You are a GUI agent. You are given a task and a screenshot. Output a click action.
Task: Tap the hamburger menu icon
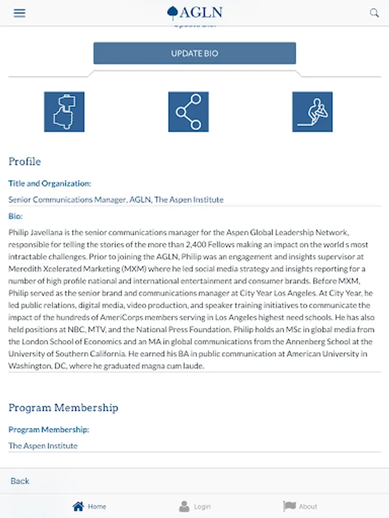pyautogui.click(x=20, y=13)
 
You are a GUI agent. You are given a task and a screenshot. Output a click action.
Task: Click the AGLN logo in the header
pyautogui.click(x=194, y=13)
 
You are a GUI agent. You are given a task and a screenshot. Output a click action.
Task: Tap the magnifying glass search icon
pyautogui.click(x=375, y=13)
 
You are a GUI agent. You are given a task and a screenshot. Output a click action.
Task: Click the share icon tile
pyautogui.click(x=188, y=112)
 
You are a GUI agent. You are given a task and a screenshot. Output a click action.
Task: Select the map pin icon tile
pyautogui.click(x=64, y=112)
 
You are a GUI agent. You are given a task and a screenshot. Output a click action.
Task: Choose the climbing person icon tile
pyautogui.click(x=312, y=112)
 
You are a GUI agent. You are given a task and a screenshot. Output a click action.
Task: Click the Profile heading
pyautogui.click(x=25, y=162)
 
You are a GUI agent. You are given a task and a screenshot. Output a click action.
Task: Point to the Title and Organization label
pyautogui.click(x=50, y=184)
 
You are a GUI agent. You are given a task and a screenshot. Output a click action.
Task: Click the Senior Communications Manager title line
pyautogui.click(x=116, y=200)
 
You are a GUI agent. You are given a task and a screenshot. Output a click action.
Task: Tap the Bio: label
pyautogui.click(x=16, y=216)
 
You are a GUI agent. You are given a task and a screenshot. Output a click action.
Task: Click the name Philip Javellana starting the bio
pyautogui.click(x=37, y=233)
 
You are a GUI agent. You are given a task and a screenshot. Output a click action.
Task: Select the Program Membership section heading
pyautogui.click(x=63, y=407)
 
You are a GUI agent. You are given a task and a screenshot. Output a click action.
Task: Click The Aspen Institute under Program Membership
pyautogui.click(x=43, y=445)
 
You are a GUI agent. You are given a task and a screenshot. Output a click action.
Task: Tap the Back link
pyautogui.click(x=20, y=481)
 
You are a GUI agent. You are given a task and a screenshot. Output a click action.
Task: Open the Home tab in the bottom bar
pyautogui.click(x=89, y=506)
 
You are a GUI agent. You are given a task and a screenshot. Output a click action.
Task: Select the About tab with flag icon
pyautogui.click(x=300, y=506)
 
